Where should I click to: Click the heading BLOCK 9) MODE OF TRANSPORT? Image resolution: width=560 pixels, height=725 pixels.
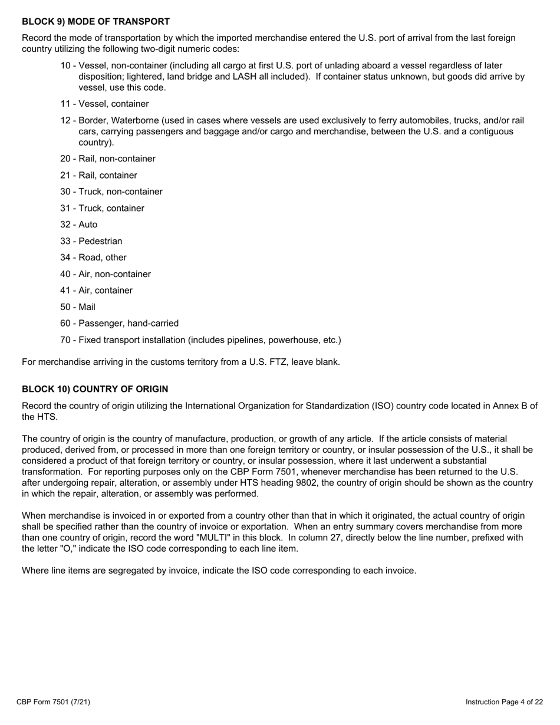point(95,22)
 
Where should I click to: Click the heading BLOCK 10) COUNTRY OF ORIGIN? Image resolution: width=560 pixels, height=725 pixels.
point(95,390)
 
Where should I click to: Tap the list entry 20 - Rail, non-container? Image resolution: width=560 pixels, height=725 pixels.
point(108,159)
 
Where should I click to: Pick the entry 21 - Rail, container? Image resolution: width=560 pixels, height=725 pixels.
point(98,175)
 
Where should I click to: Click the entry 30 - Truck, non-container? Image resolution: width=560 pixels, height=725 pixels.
point(111,192)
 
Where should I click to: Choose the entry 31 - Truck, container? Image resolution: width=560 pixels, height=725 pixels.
point(102,208)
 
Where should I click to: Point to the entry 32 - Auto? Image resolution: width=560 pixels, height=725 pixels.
point(79,225)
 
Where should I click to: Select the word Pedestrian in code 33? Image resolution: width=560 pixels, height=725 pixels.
point(100,241)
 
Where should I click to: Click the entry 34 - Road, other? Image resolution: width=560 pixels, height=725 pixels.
point(93,258)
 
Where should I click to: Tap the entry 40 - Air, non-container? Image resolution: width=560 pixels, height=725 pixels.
point(106,274)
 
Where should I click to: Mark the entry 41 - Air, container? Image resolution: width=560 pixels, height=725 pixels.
point(96,291)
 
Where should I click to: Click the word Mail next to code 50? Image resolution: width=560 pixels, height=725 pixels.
point(87,307)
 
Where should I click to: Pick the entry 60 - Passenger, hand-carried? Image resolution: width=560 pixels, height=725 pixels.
point(119,324)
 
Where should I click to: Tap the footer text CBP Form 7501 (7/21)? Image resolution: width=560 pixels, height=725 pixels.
point(53,702)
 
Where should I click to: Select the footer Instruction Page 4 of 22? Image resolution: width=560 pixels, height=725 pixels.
point(504,702)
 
